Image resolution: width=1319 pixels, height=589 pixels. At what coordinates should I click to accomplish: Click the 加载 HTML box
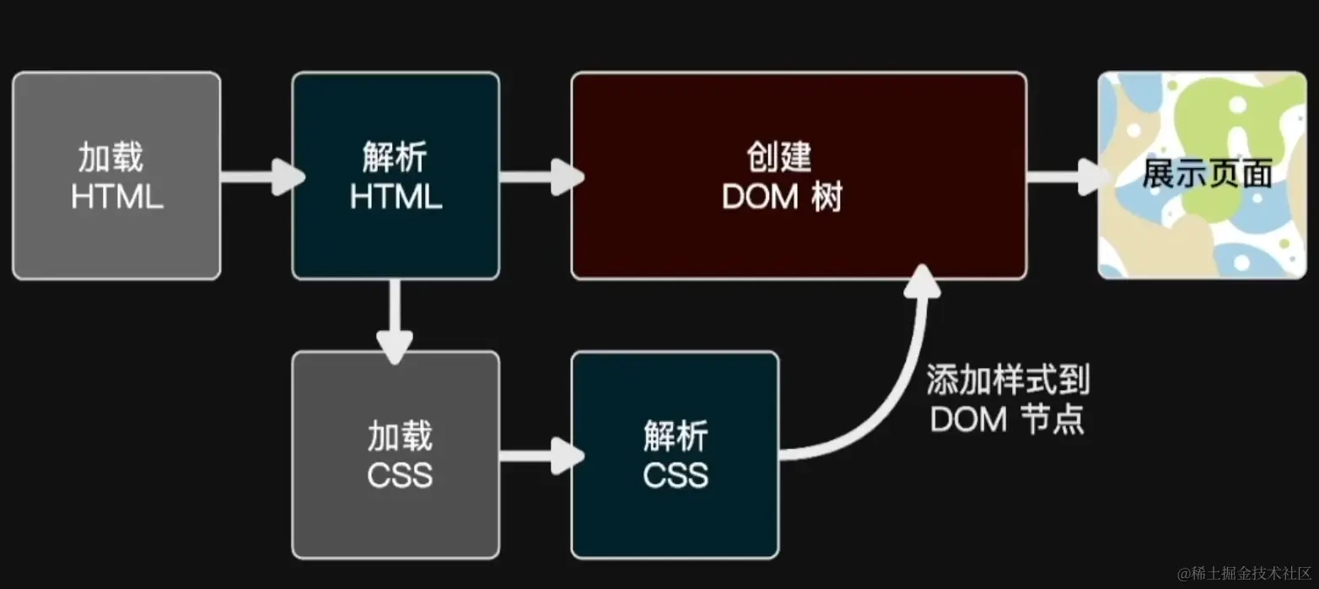[x=116, y=176]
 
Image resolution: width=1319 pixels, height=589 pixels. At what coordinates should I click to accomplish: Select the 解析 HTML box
[x=396, y=176]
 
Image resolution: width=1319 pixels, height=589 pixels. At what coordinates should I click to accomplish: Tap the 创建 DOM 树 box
[x=798, y=176]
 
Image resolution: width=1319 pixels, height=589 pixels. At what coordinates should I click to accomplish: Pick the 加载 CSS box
[x=396, y=455]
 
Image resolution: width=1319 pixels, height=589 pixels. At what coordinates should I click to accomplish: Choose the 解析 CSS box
[x=675, y=455]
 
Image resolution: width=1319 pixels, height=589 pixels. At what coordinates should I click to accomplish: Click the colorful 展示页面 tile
[x=1202, y=176]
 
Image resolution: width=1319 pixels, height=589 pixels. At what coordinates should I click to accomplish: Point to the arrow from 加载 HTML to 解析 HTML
[x=260, y=177]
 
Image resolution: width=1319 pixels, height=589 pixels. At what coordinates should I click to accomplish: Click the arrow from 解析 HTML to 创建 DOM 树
[x=539, y=177]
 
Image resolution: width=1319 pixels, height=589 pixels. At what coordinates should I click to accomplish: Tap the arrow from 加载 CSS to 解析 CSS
[x=539, y=457]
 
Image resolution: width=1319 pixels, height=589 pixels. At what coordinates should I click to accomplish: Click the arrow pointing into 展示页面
[x=1064, y=177]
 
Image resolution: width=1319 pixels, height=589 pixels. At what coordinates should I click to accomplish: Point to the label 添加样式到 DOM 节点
[x=1008, y=399]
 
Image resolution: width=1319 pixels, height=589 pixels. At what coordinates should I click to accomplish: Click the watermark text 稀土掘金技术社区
[x=1244, y=573]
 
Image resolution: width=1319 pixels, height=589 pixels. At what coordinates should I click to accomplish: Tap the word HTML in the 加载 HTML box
[x=116, y=197]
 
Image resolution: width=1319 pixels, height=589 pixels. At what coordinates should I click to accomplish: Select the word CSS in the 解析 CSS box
[x=675, y=476]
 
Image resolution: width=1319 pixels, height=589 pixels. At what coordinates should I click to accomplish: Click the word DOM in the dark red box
[x=760, y=197]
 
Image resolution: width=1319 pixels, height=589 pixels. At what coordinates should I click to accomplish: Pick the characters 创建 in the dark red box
[x=778, y=157]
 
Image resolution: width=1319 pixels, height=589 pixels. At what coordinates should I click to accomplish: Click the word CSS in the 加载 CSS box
[x=400, y=476]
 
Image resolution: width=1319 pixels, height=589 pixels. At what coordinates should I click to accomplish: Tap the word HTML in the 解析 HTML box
[x=396, y=197]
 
